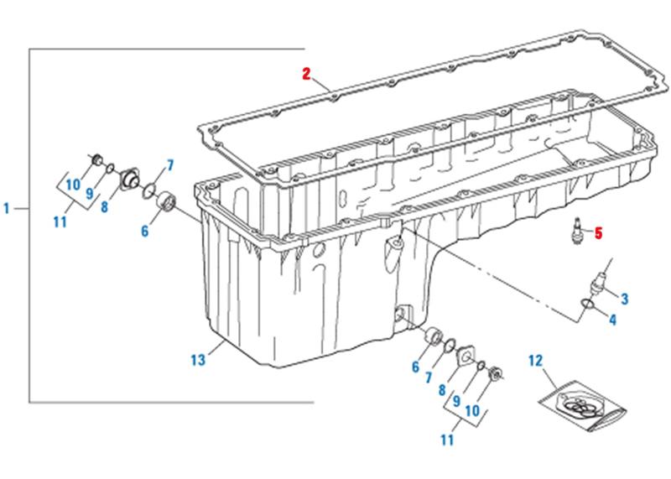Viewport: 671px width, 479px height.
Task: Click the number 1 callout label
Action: click(7, 207)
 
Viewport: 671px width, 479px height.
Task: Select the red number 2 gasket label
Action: click(307, 74)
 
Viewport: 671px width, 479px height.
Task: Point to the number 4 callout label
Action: click(613, 319)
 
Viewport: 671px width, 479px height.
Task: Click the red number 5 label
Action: click(598, 233)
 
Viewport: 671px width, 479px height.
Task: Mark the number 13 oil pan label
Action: click(198, 360)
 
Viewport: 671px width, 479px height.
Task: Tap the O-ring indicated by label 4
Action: click(588, 305)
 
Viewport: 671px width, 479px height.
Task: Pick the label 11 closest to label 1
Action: click(60, 222)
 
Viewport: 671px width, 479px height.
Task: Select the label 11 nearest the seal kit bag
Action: click(447, 438)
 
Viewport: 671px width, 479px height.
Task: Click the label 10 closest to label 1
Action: click(72, 184)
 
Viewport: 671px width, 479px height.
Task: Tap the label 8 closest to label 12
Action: click(442, 388)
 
